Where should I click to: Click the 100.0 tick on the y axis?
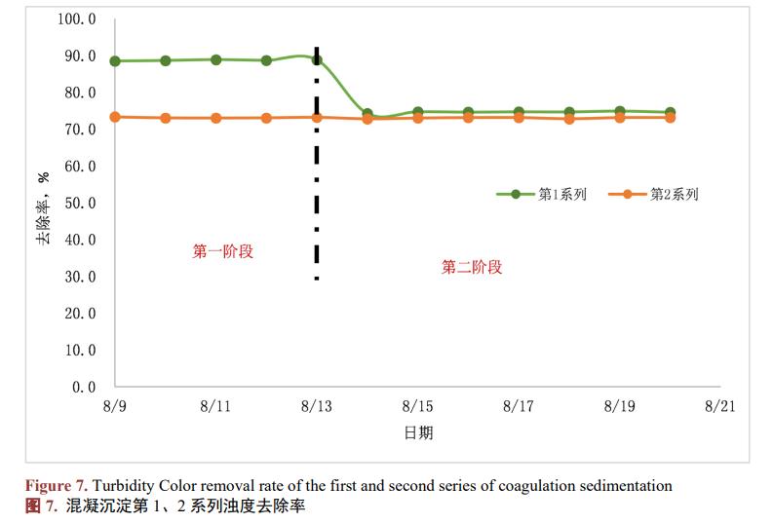pos(77,19)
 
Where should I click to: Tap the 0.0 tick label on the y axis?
pos(84,387)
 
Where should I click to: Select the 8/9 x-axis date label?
pos(115,406)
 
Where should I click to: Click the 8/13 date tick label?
pos(317,406)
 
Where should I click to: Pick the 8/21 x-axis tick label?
pos(719,406)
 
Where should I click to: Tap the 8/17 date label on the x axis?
pos(518,406)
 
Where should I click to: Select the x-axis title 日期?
pos(418,433)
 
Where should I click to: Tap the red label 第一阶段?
pos(222,251)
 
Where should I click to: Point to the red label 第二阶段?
pos(472,267)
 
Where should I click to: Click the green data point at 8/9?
pos(115,61)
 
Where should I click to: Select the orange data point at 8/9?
pos(115,117)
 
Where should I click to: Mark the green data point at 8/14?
pos(367,114)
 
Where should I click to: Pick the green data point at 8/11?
pos(215,59)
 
